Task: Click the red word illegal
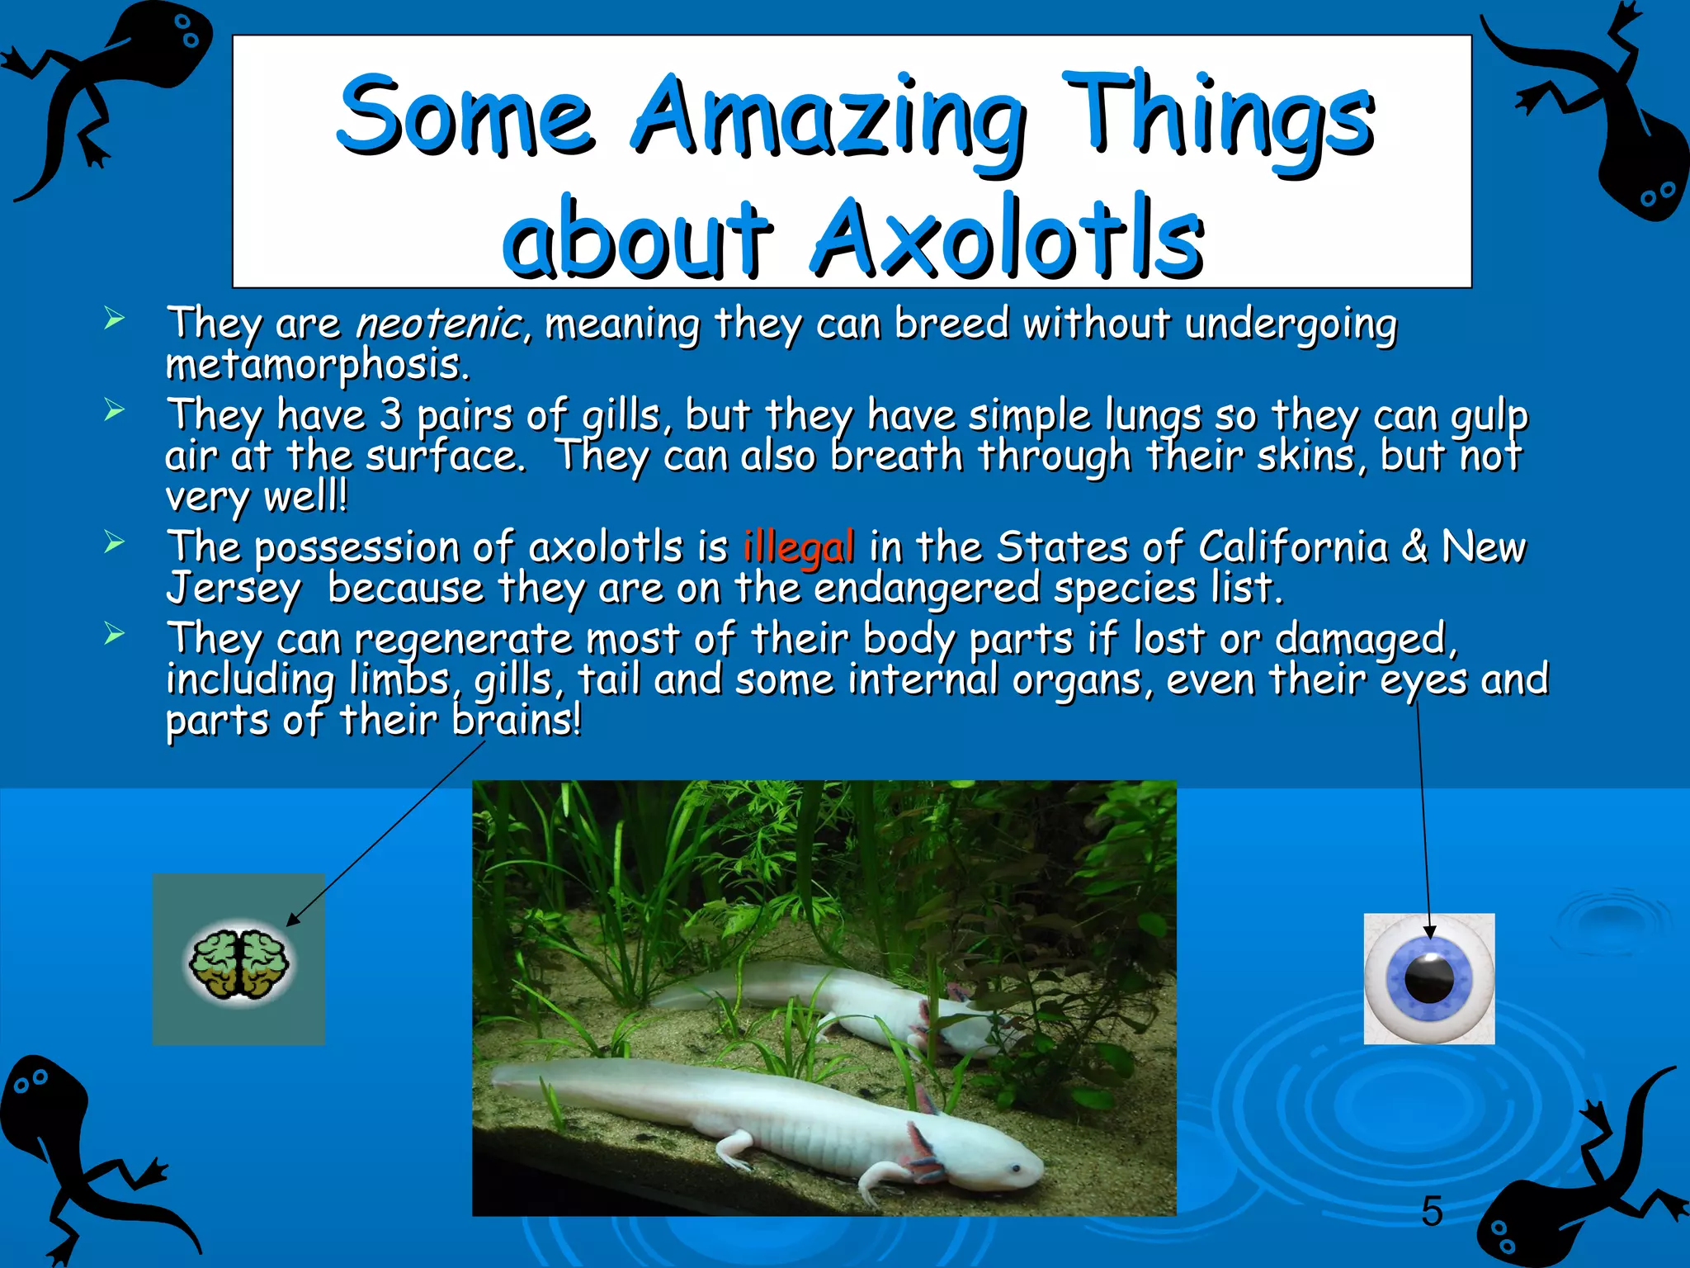(x=798, y=548)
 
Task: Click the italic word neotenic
(x=438, y=323)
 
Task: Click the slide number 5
(x=1432, y=1212)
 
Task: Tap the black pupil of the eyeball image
(x=1429, y=978)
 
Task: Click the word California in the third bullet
(x=1292, y=548)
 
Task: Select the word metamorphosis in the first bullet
(x=318, y=365)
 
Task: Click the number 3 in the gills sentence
(x=390, y=415)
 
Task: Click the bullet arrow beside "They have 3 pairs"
(x=115, y=409)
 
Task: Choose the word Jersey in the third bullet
(x=234, y=589)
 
